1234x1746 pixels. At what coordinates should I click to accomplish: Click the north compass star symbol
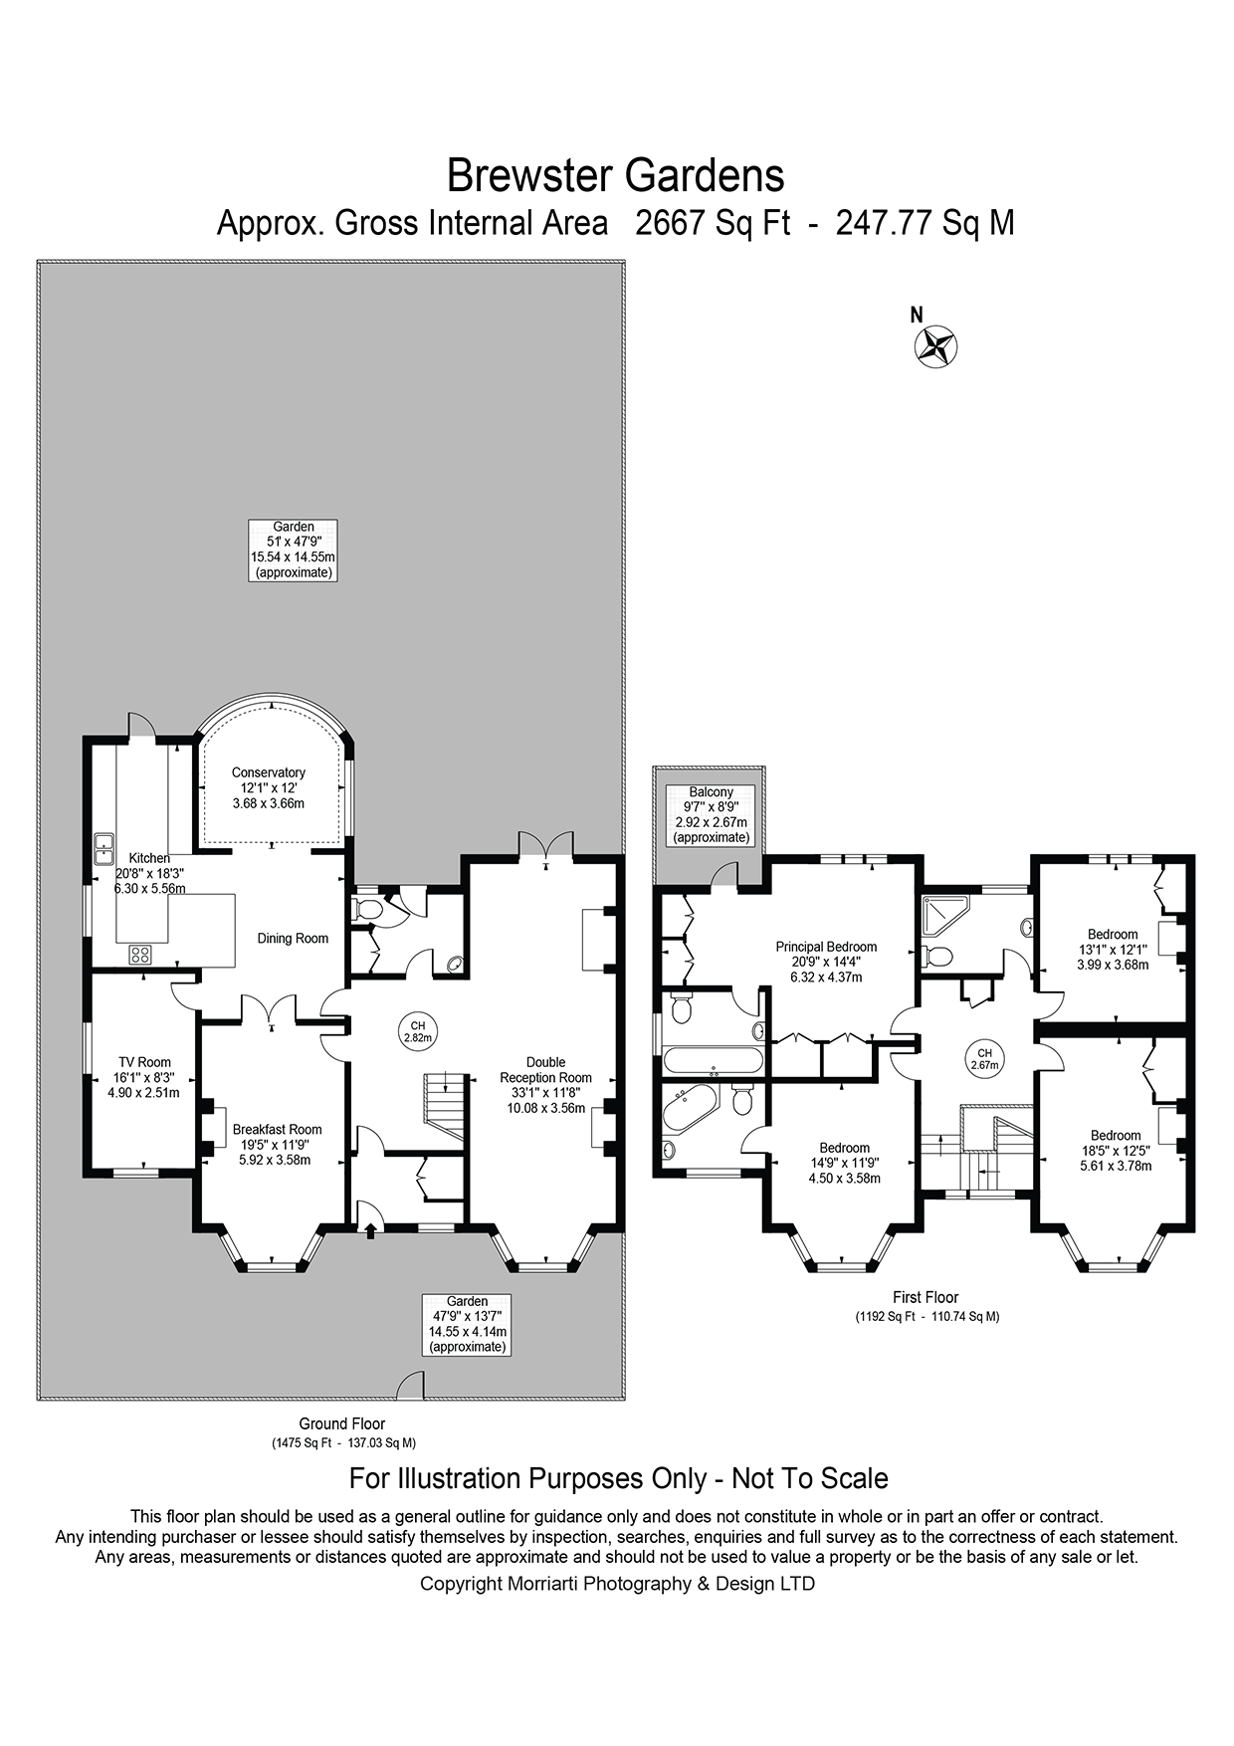coord(935,347)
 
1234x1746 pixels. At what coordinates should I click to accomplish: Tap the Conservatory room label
coord(269,787)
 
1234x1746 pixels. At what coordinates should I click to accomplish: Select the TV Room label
coord(143,1077)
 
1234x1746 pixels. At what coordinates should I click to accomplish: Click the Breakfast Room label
coord(277,1144)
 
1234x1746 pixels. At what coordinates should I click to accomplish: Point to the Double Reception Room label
coord(545,1084)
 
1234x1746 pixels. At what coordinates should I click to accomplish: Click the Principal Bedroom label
coord(826,962)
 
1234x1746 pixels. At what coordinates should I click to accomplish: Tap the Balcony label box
coord(711,815)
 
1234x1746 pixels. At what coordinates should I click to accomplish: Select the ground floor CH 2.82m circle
coord(418,1031)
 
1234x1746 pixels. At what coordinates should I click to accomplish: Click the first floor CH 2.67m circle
coord(984,1058)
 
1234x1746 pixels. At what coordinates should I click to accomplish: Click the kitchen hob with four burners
coord(140,955)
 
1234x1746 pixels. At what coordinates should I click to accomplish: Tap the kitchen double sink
coord(103,848)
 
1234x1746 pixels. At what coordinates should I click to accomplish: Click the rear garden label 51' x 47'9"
coord(294,549)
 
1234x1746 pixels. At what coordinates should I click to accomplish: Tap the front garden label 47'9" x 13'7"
coord(467,1324)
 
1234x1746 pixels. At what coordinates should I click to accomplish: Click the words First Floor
coord(925,1297)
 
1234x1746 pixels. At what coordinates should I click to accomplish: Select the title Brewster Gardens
coord(615,176)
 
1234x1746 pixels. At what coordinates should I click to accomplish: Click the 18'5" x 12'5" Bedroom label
coord(1116,1150)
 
